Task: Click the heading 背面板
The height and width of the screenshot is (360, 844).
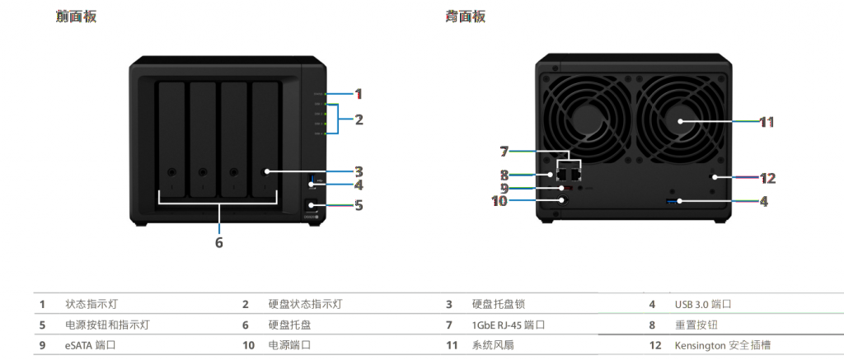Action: point(465,16)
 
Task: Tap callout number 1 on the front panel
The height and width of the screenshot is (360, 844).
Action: point(359,93)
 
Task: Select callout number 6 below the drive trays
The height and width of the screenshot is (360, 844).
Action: point(219,242)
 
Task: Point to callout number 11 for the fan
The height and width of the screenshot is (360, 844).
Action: point(767,122)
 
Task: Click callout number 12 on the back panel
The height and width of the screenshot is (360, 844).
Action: point(767,177)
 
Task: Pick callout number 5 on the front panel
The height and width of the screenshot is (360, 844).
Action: point(359,204)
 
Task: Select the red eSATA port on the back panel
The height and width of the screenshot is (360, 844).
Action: point(568,188)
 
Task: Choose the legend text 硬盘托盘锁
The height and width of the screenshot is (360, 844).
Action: point(498,304)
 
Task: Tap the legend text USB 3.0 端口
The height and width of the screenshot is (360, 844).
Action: point(702,304)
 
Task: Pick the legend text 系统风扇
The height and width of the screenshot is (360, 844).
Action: point(493,345)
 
